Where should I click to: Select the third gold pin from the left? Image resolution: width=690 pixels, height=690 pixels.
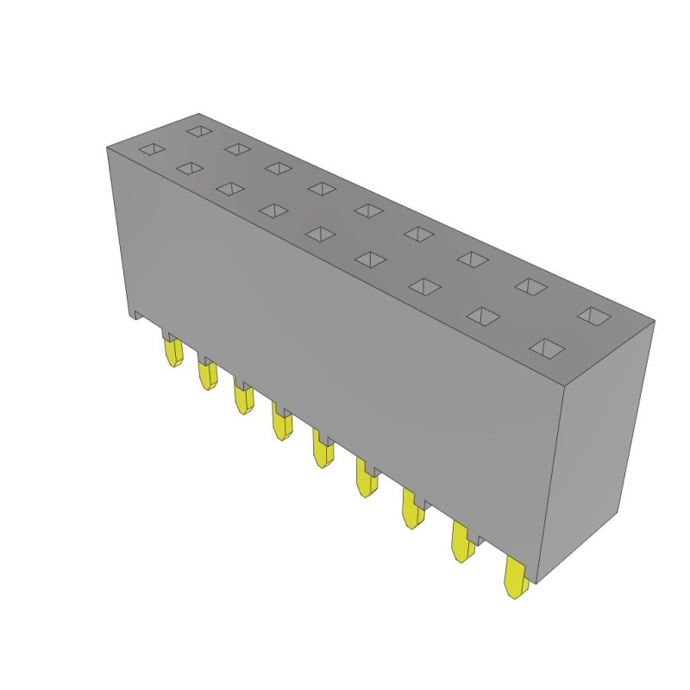[242, 398]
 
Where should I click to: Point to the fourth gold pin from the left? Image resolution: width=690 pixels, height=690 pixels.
[281, 423]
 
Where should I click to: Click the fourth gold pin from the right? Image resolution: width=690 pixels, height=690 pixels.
[366, 480]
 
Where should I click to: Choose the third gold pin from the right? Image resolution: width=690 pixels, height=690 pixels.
[412, 511]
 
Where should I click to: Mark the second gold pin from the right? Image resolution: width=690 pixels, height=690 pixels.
[463, 544]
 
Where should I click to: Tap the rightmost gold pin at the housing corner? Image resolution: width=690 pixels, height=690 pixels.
[517, 578]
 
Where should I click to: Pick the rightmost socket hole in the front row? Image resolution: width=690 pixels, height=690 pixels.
[545, 348]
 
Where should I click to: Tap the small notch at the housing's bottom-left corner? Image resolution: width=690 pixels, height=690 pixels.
[133, 313]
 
